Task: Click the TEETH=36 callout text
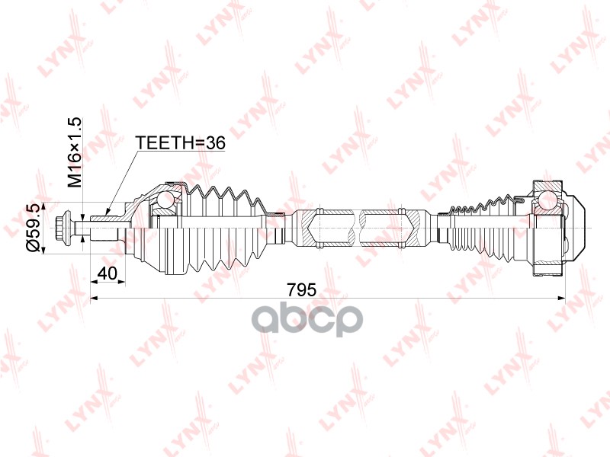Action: click(x=180, y=143)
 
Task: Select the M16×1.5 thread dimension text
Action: click(x=74, y=153)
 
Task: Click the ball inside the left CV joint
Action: click(x=166, y=200)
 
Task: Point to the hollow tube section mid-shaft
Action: click(x=358, y=227)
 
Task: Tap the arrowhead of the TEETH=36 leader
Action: click(x=108, y=211)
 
